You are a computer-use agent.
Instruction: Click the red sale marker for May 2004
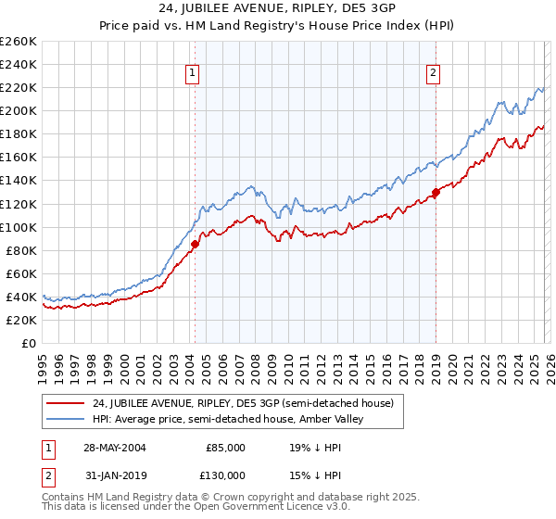(196, 244)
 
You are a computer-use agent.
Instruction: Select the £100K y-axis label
(18, 227)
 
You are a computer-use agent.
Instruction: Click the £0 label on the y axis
(28, 343)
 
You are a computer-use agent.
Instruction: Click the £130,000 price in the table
(225, 475)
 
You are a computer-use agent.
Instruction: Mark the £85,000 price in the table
(225, 447)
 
